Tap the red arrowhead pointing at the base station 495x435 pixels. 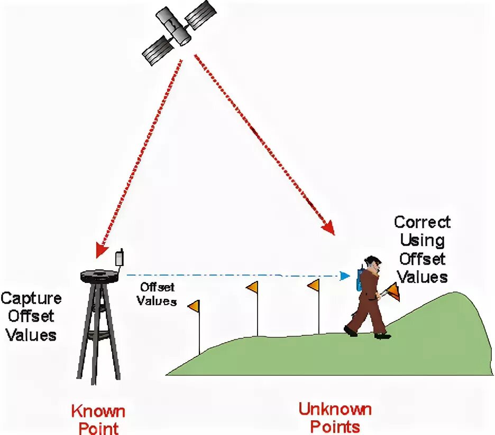tap(100, 249)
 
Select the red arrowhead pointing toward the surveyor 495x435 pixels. tap(329, 228)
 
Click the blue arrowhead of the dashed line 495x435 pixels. tap(345, 276)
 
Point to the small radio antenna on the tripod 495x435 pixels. tap(120, 258)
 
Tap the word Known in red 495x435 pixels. tap(98, 411)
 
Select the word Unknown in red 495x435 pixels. tap(335, 409)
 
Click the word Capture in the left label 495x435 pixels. tap(31, 298)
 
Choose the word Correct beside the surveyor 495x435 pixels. tap(422, 222)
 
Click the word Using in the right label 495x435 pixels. tap(422, 241)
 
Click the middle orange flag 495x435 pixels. tap(253, 288)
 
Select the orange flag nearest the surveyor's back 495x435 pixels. tap(314, 286)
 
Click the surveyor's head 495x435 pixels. tap(373, 264)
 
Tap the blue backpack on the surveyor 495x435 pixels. tap(360, 280)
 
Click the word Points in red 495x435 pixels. tap(335, 427)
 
